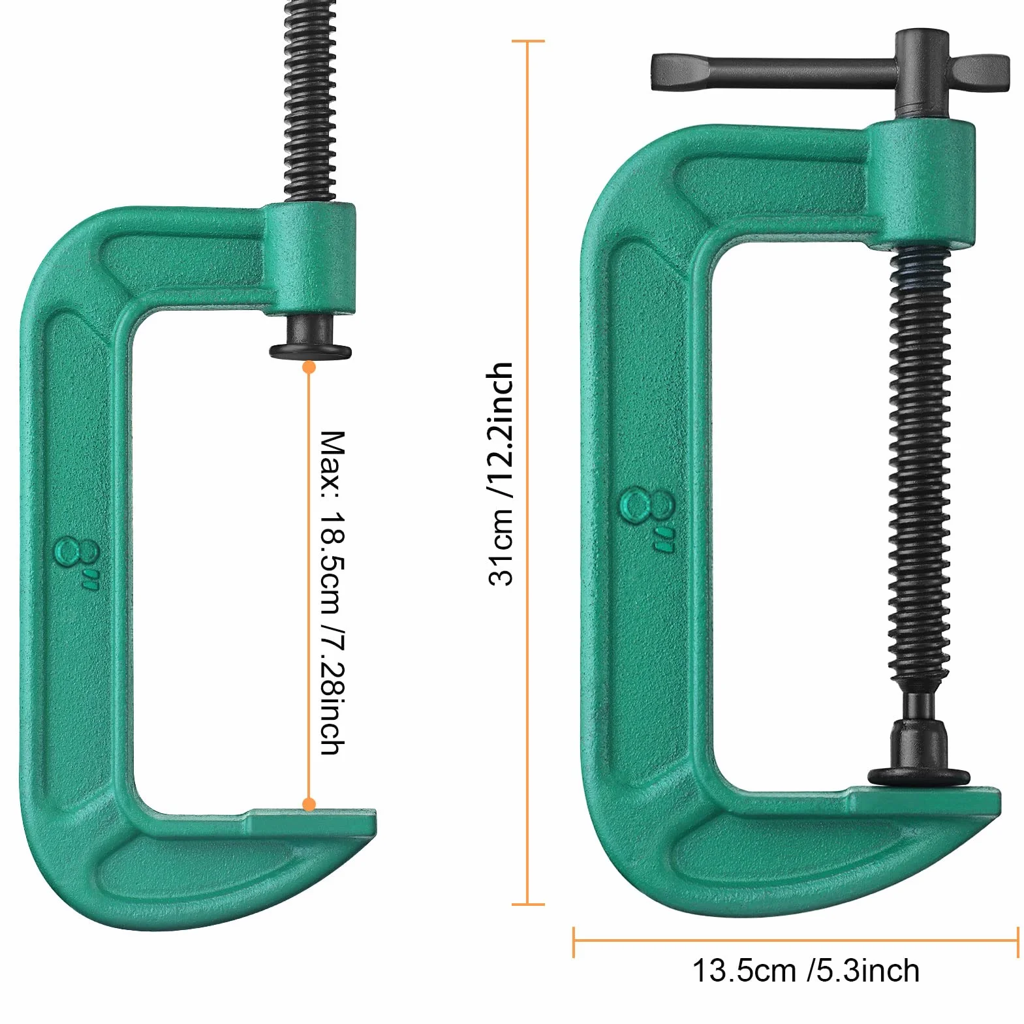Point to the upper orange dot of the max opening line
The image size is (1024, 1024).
(309, 367)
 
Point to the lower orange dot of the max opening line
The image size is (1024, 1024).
(309, 805)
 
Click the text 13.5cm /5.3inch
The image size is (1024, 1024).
(805, 971)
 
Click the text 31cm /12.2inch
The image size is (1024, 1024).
(501, 474)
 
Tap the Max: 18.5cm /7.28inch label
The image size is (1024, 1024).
(332, 593)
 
